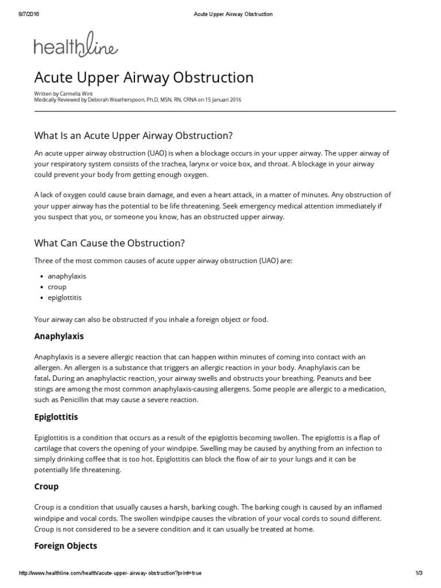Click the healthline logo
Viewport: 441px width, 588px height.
coord(76,46)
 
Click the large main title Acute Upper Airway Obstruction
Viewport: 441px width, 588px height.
coord(144,78)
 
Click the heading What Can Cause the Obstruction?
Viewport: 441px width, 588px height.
coord(109,243)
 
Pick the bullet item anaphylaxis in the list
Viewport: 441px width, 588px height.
coord(67,276)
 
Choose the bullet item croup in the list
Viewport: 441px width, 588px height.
coord(57,287)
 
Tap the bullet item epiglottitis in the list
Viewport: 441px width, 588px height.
coord(64,297)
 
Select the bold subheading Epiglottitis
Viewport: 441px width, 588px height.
coord(56,416)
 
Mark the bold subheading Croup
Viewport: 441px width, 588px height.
coord(47,486)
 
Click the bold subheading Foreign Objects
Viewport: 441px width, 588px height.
coord(65,546)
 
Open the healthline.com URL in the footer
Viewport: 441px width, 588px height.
coord(110,574)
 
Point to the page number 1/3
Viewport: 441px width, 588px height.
coord(419,574)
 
